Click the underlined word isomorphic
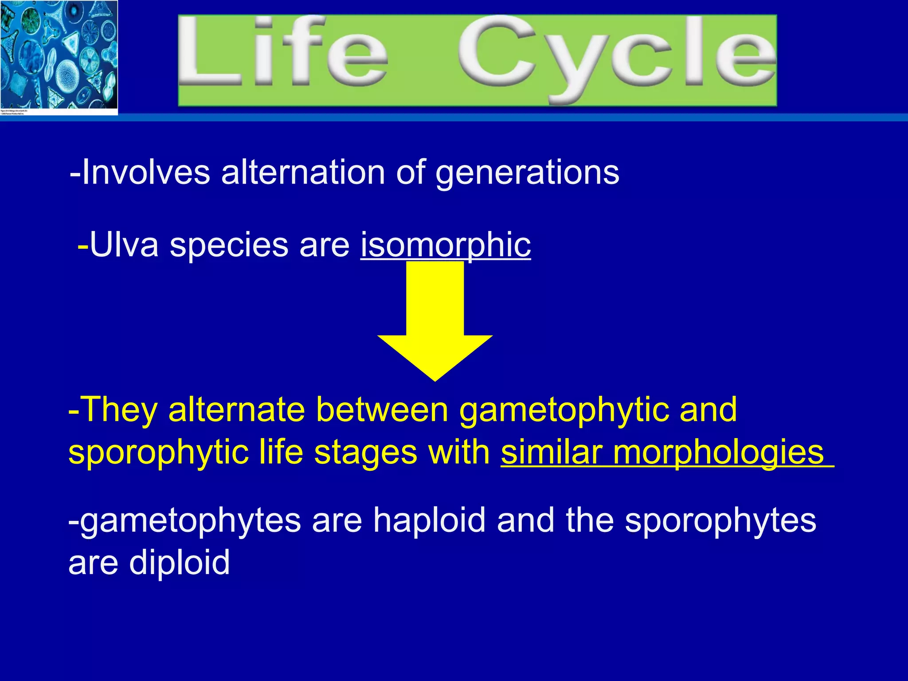(446, 245)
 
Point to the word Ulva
(124, 245)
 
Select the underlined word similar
(552, 452)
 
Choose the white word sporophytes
(720, 521)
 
